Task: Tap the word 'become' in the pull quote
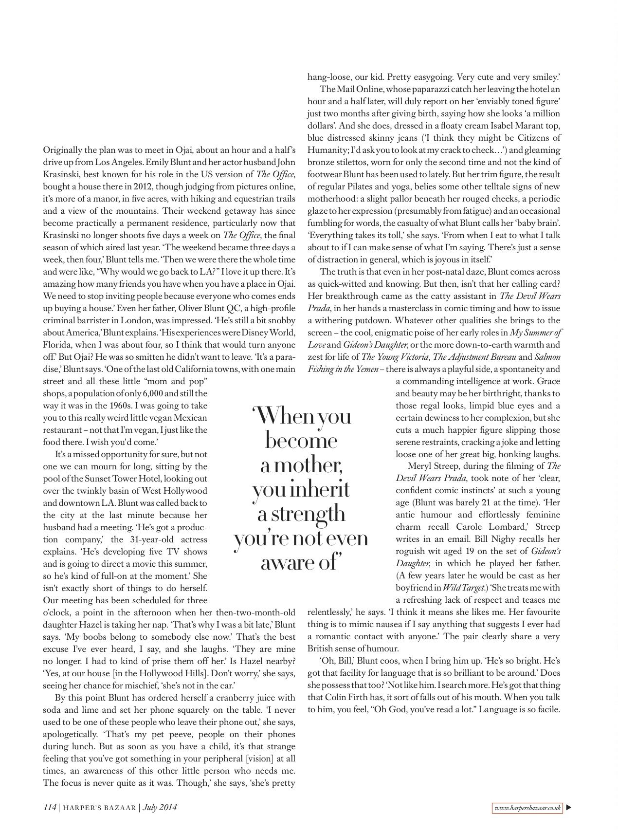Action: click(301, 441)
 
